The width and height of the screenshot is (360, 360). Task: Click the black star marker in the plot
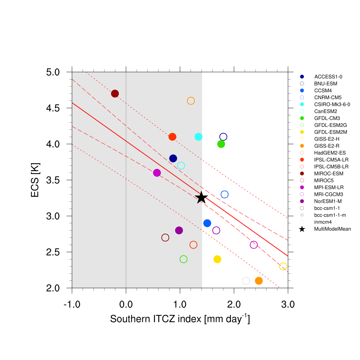[x=201, y=198]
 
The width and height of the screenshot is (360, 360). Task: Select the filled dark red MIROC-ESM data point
[x=115, y=94]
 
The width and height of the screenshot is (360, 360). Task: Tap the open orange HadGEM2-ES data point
[x=191, y=101]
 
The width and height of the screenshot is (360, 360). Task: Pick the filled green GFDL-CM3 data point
[x=221, y=144]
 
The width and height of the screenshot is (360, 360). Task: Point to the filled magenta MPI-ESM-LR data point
[x=157, y=173]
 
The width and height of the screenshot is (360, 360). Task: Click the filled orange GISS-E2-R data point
[x=259, y=281]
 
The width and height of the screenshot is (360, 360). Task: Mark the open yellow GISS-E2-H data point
[x=283, y=266]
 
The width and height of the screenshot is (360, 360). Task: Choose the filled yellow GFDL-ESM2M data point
[x=217, y=259]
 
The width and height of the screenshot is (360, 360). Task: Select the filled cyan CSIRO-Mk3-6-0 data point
[x=199, y=137]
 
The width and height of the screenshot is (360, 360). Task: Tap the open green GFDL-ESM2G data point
[x=184, y=259]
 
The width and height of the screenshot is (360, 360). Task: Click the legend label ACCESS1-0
[x=326, y=77]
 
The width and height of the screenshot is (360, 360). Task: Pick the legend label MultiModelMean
[x=333, y=229]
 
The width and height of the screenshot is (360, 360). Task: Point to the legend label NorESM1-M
[x=328, y=201]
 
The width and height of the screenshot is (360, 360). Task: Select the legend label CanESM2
[x=325, y=111]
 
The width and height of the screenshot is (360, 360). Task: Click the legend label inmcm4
[x=323, y=222]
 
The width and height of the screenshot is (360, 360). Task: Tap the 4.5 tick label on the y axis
[x=53, y=108]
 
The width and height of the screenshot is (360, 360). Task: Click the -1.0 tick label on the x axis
[x=72, y=304]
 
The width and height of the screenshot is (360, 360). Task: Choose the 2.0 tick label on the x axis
[x=234, y=304]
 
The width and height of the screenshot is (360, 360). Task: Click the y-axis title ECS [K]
[x=35, y=180]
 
